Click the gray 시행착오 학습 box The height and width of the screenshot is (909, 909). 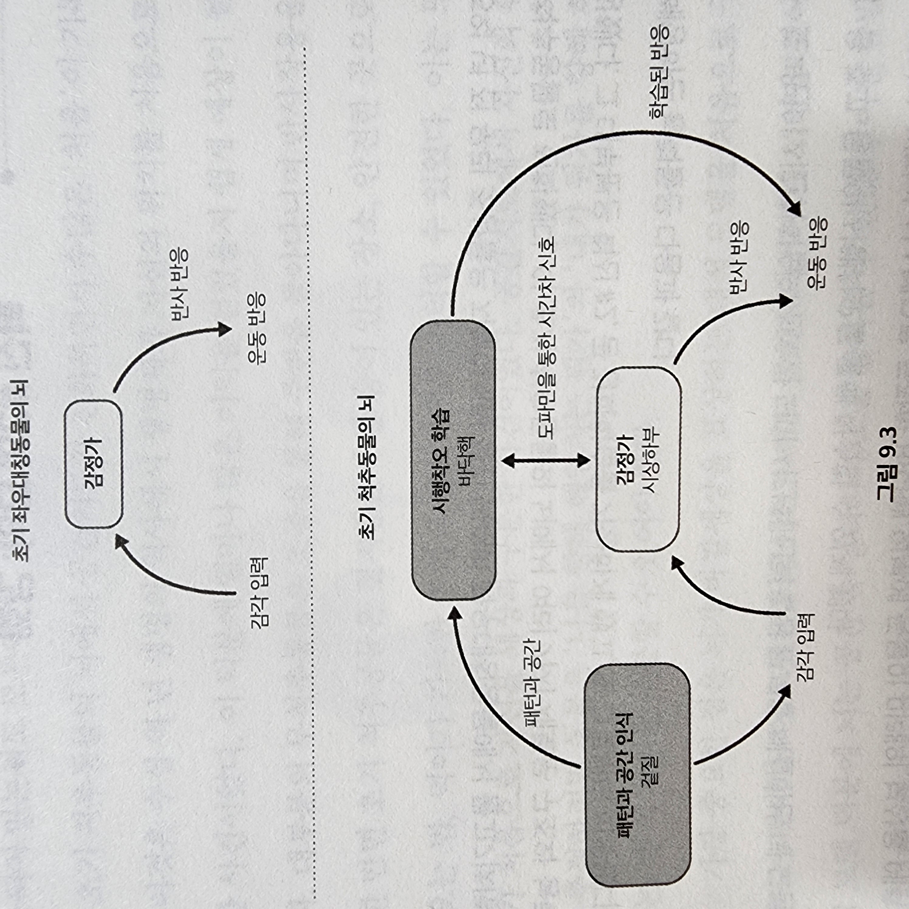click(453, 460)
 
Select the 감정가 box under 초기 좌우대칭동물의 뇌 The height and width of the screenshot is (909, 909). click(93, 463)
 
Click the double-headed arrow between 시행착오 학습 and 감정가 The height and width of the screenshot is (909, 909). click(546, 460)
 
